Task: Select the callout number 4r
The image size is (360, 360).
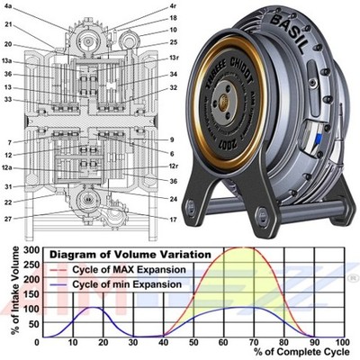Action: [173, 6]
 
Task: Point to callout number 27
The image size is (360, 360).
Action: [9, 218]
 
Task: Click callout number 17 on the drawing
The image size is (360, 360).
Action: [173, 219]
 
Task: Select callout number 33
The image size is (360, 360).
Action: [9, 100]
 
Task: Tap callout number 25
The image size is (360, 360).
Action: [173, 41]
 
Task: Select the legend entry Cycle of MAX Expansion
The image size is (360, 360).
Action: [125, 270]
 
